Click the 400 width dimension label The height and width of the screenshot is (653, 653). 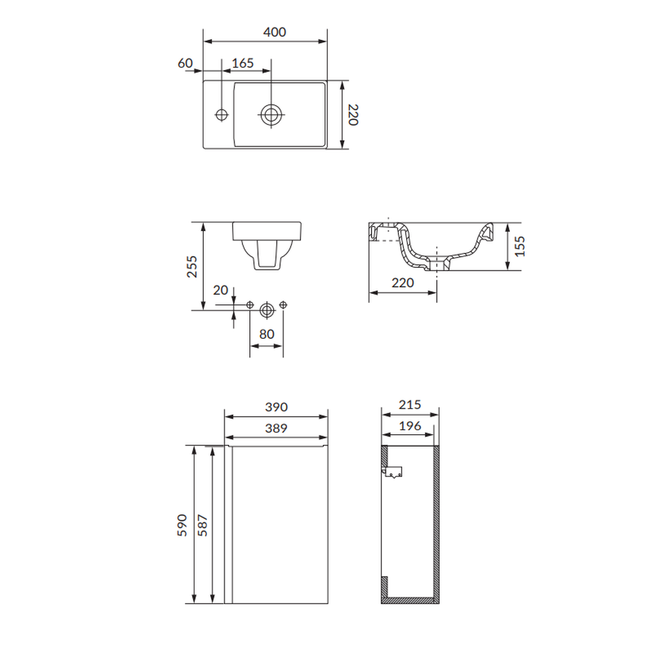274,32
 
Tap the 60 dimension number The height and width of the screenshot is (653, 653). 185,63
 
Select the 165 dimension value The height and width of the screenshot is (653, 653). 242,63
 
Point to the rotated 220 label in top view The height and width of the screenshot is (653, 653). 353,115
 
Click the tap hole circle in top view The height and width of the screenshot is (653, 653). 221,114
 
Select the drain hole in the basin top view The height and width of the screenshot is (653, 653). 271,114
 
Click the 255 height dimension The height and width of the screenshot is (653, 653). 191,266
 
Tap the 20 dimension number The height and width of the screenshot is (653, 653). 220,290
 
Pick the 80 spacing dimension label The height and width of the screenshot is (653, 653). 266,334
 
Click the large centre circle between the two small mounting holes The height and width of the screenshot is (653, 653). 266,310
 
